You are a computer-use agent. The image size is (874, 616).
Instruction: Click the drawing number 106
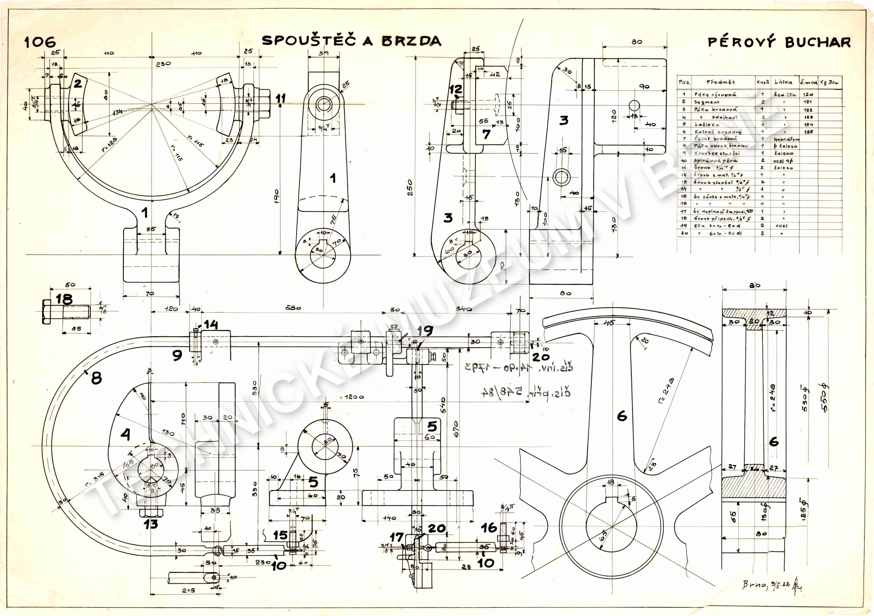(40, 42)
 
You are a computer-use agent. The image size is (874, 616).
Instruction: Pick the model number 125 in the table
(809, 132)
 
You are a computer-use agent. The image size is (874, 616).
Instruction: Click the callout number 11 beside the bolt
(281, 99)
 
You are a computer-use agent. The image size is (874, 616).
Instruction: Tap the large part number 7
(486, 134)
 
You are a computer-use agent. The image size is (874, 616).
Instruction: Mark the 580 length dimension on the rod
(293, 308)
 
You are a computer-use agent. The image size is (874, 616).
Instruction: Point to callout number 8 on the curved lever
(96, 378)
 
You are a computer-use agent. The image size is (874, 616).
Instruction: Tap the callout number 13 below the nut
(151, 524)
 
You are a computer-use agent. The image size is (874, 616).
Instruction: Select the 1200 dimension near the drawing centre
(354, 397)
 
